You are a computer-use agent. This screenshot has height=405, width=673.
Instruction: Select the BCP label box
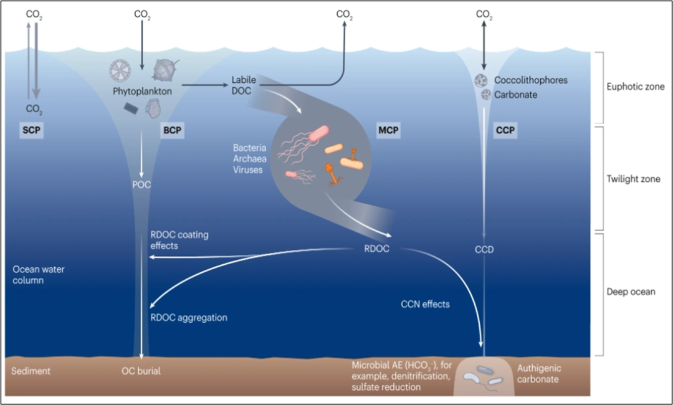(x=170, y=131)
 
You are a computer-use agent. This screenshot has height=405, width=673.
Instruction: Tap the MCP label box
(x=388, y=131)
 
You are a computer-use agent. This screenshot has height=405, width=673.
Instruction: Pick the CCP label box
(x=505, y=131)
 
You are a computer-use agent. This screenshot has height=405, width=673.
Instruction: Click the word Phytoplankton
(x=143, y=91)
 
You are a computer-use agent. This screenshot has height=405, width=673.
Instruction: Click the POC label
(x=141, y=184)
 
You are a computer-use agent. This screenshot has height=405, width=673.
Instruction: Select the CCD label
(x=484, y=250)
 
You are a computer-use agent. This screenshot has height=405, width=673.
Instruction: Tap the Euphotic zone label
(x=635, y=87)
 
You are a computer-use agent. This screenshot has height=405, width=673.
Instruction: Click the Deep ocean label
(x=631, y=291)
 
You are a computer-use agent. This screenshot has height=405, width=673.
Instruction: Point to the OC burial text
(x=140, y=371)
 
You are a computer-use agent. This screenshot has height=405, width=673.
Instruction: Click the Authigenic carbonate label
(x=538, y=374)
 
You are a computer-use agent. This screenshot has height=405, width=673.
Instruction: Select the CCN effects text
(x=426, y=305)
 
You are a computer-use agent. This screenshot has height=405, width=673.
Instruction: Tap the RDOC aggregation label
(x=189, y=317)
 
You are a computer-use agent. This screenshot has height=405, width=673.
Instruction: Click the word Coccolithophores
(x=530, y=80)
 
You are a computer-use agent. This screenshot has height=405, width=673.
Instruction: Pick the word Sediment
(x=31, y=371)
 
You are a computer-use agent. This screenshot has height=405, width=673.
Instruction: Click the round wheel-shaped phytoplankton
(x=120, y=72)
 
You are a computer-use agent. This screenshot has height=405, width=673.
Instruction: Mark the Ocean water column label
(x=38, y=275)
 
